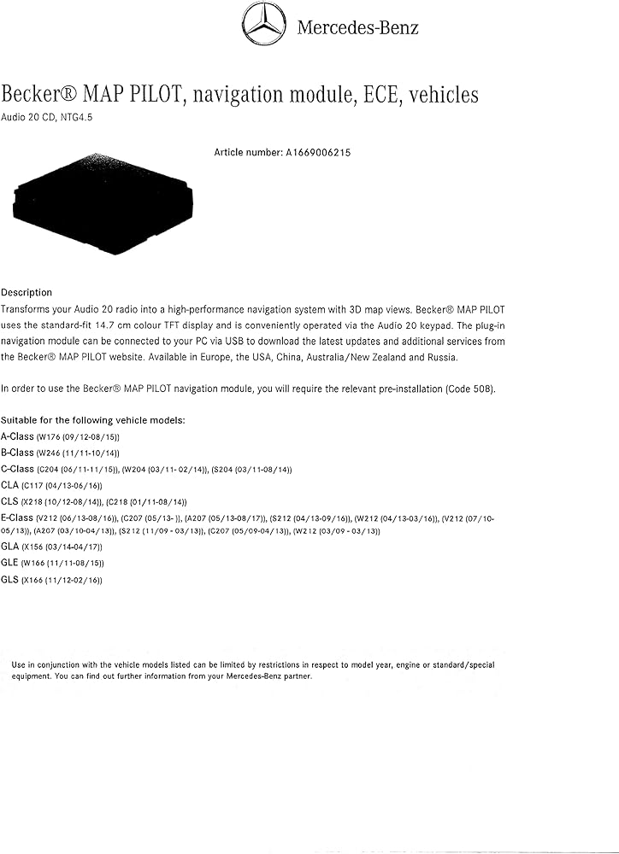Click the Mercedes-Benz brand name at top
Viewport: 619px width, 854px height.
click(x=357, y=27)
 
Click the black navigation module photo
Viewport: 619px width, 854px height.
click(x=103, y=196)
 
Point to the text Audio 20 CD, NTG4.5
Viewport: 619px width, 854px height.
click(x=47, y=119)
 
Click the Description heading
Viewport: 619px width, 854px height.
click(x=27, y=293)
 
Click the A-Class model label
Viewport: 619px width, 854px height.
click(x=17, y=436)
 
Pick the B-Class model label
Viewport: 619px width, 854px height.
click(x=17, y=453)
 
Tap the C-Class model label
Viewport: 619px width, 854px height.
click(x=17, y=469)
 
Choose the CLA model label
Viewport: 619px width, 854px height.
click(x=10, y=485)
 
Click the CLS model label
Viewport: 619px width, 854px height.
click(x=10, y=501)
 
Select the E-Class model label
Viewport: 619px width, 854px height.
click(x=17, y=518)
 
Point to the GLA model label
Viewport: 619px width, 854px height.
click(x=10, y=547)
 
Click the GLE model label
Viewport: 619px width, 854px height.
click(x=10, y=563)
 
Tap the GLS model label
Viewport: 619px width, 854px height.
click(x=10, y=580)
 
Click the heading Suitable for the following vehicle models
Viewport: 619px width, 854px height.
click(x=92, y=420)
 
